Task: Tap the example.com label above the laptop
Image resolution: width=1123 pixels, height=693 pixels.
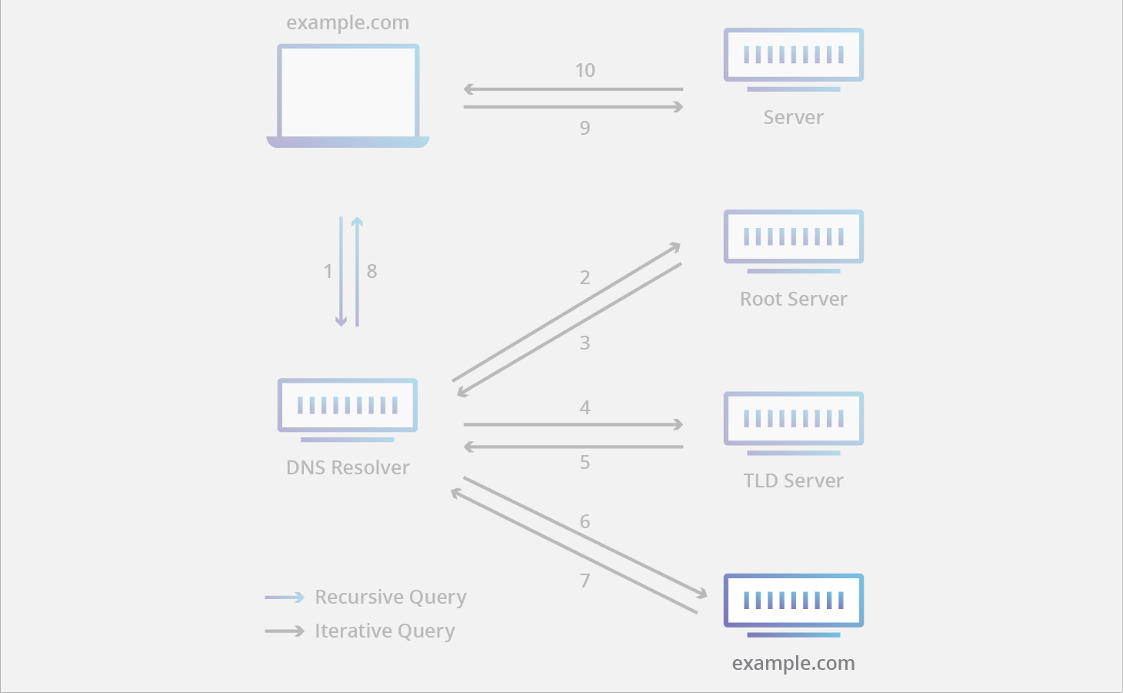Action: coord(348,23)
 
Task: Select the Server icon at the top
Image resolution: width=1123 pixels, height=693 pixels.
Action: coord(793,59)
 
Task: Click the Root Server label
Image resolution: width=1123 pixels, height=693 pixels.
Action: coord(793,299)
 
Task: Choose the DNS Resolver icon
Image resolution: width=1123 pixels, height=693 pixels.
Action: coord(348,409)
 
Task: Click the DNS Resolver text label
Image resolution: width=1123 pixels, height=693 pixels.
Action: coord(348,467)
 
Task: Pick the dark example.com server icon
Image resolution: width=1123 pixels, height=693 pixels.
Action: coord(793,604)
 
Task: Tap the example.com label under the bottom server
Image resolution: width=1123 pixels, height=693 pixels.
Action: coord(793,663)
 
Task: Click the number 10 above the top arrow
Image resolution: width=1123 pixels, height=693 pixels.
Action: coord(585,71)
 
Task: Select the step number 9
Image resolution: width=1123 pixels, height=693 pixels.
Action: coord(585,128)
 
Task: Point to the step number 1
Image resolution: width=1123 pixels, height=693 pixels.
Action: coord(328,271)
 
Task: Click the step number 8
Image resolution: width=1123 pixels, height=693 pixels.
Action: coord(372,271)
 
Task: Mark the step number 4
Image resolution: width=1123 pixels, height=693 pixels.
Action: coord(585,407)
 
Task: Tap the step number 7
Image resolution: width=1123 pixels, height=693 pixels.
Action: coord(585,581)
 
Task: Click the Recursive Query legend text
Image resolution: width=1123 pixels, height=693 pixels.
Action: coord(390,597)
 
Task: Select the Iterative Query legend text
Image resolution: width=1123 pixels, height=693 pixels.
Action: coord(385,631)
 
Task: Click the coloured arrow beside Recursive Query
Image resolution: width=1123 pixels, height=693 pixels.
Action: coord(285,597)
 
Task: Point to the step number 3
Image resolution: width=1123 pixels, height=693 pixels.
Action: coord(585,343)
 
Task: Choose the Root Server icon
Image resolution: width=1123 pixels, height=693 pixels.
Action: coord(793,240)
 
